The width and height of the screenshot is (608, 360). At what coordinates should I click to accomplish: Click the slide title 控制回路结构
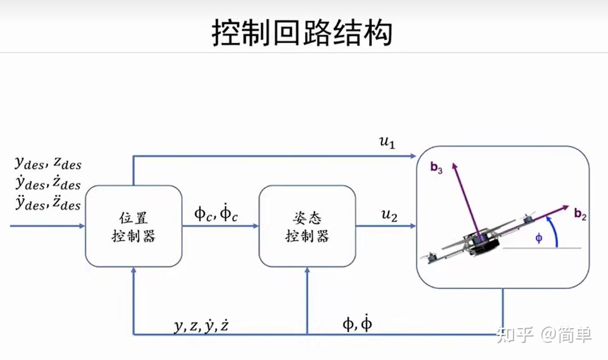302,32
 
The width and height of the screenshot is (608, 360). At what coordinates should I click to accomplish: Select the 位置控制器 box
134,226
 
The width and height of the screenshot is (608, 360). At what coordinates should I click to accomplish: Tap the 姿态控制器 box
307,226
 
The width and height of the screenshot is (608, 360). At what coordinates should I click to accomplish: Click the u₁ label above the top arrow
387,142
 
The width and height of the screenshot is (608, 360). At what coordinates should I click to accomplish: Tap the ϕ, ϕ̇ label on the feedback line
357,324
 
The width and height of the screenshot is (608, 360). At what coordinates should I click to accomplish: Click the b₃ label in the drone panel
436,168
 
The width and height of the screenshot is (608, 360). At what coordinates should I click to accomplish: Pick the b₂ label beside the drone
580,214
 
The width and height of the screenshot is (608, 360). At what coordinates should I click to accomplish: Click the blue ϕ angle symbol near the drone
539,238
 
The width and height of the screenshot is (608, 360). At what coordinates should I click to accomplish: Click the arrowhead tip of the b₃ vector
454,163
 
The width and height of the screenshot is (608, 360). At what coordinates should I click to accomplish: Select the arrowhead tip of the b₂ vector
569,206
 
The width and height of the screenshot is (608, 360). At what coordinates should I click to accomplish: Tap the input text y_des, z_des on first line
48,163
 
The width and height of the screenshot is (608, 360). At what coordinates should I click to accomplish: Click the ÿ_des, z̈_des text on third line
48,202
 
